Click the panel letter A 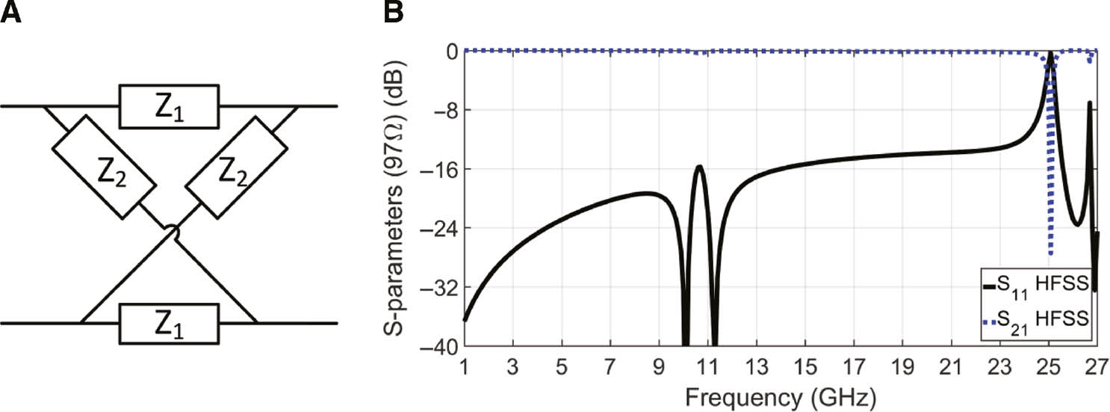[12, 13]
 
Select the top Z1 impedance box [169, 106]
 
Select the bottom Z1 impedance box [169, 323]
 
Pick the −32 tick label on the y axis [439, 287]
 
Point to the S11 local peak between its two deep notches [699, 166]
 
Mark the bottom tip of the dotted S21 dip [1051, 254]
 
